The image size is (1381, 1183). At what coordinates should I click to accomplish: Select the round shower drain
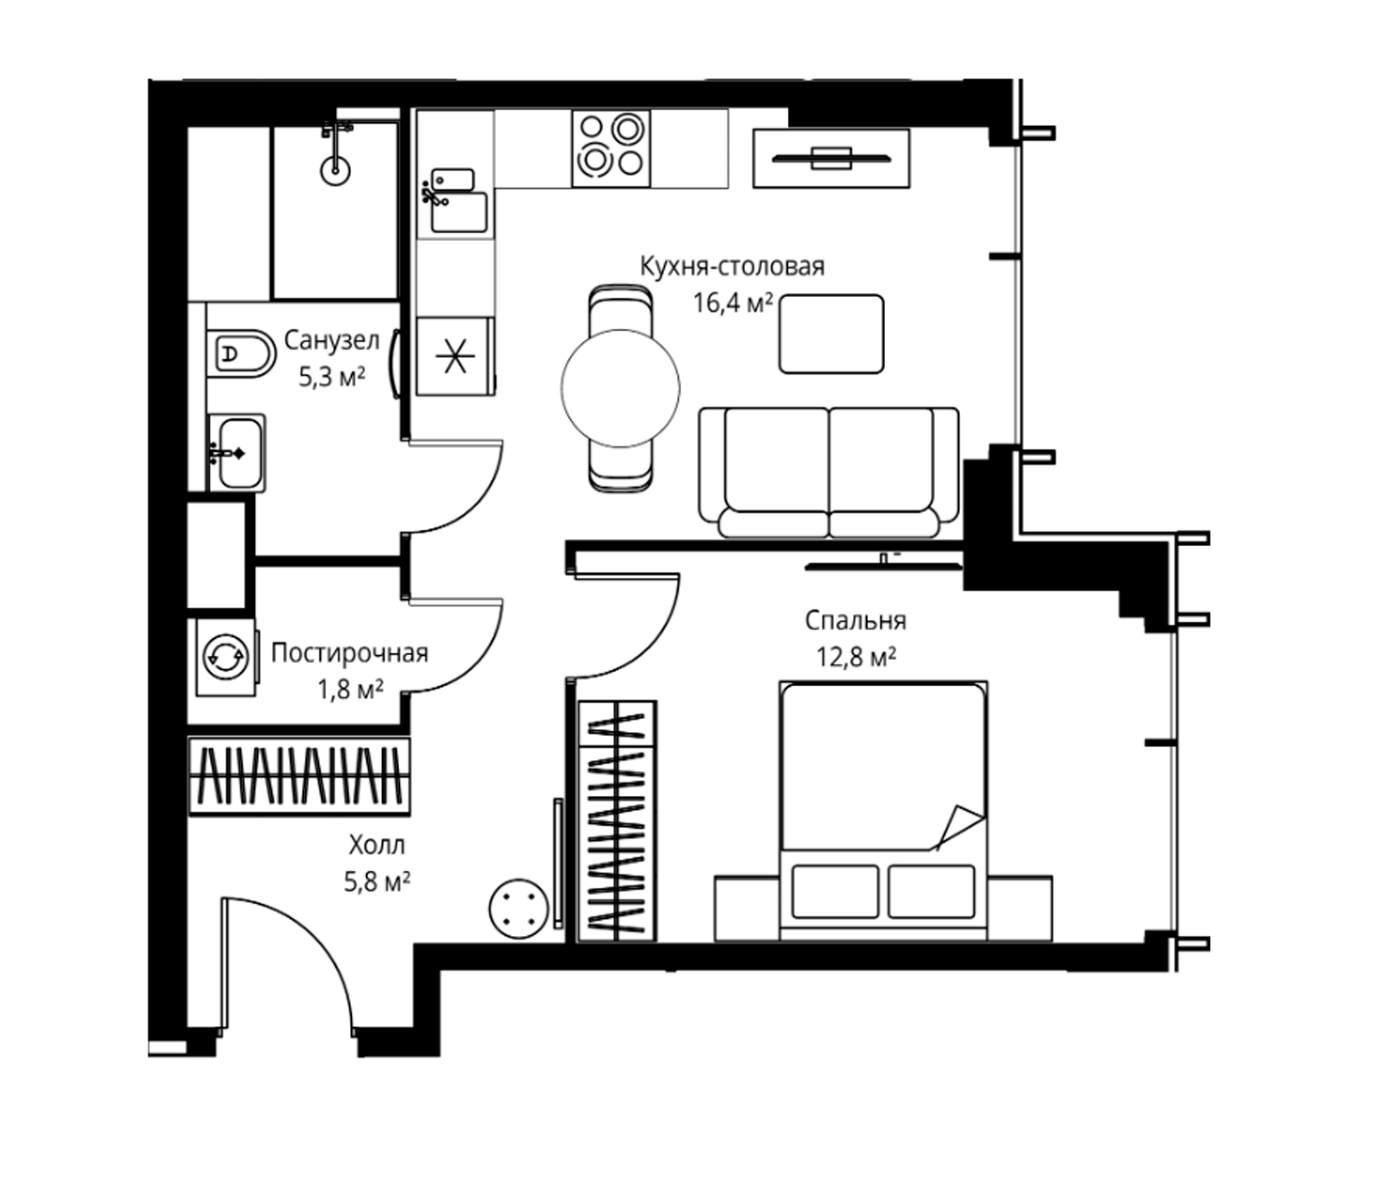coord(335,170)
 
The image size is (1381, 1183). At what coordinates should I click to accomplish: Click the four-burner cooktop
coord(610,148)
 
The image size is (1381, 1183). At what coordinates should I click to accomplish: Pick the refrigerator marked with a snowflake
coord(455,356)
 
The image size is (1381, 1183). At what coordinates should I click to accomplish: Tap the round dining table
coord(621,388)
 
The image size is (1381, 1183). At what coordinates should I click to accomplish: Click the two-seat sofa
coord(829,473)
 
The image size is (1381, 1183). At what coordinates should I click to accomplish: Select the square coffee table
coord(832,334)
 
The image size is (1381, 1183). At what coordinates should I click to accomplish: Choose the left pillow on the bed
coord(835,891)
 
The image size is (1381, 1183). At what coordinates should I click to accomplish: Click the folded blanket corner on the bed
coord(960,827)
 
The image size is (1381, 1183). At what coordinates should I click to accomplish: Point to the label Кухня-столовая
coord(733,267)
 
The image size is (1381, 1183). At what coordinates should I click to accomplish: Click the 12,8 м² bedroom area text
coord(856,657)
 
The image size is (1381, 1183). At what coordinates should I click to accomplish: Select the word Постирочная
coord(349,653)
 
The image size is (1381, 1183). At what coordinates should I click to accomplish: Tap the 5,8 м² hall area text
coord(377,882)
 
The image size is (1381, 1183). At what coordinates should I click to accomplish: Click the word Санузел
coord(332,340)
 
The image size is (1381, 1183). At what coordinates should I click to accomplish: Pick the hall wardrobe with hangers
coord(299,776)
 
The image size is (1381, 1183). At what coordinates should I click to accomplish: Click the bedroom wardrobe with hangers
coord(618,821)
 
